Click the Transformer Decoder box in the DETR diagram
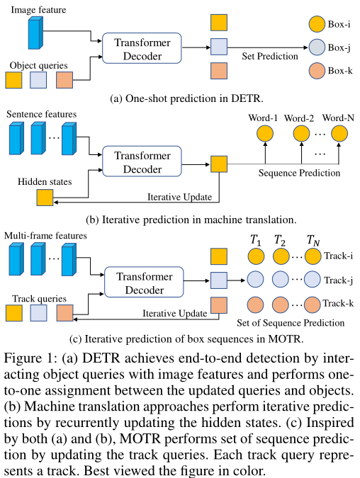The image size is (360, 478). click(141, 47)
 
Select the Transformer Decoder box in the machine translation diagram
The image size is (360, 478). click(141, 164)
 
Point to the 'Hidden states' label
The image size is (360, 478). click(45, 182)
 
